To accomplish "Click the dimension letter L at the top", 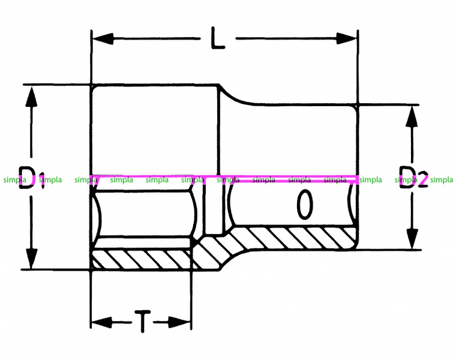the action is pyautogui.click(x=218, y=38).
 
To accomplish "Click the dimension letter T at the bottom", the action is pyautogui.click(x=143, y=321).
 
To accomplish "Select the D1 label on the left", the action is pyautogui.click(x=32, y=178).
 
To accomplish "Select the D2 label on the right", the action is pyautogui.click(x=413, y=177).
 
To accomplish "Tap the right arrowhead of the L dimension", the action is pyautogui.click(x=346, y=38).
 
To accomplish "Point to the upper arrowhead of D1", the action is pyautogui.click(x=31, y=97).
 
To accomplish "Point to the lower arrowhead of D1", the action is pyautogui.click(x=31, y=258).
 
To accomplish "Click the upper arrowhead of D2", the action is pyautogui.click(x=412, y=116).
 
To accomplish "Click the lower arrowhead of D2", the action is pyautogui.click(x=412, y=239).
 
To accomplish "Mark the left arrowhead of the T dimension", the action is pyautogui.click(x=101, y=322).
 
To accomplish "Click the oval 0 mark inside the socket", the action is pyautogui.click(x=305, y=204).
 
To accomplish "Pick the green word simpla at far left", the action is pyautogui.click(x=15, y=180).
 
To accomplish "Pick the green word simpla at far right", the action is pyautogui.click(x=442, y=180).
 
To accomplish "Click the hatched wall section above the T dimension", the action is pyautogui.click(x=142, y=259).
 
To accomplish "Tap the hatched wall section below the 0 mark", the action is pyautogui.click(x=294, y=238).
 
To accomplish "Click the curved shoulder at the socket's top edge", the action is pyautogui.click(x=236, y=97).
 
